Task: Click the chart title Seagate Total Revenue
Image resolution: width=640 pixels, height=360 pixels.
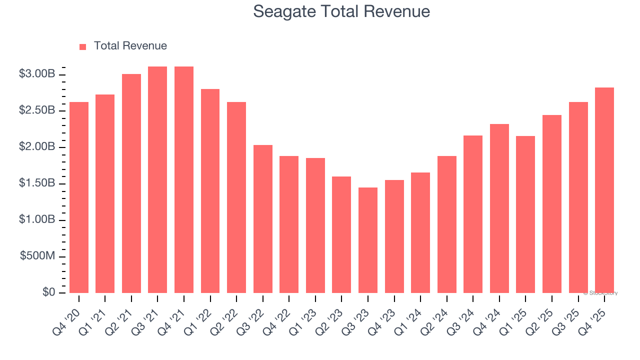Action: click(x=341, y=11)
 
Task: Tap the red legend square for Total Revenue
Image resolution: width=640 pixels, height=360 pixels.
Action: click(x=83, y=46)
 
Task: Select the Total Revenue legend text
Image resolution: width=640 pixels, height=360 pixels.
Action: click(x=130, y=46)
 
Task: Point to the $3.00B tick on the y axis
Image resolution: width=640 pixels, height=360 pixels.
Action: click(x=37, y=74)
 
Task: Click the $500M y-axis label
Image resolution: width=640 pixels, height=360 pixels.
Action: click(x=37, y=256)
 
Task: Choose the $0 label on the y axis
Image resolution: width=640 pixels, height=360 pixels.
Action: click(x=48, y=292)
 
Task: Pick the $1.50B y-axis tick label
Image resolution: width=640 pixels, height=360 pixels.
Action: click(x=37, y=183)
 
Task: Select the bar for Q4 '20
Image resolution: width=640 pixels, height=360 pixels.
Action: click(x=79, y=197)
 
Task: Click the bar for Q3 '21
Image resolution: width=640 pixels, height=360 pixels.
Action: click(x=157, y=180)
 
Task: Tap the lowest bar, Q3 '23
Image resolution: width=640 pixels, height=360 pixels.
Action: click(x=368, y=240)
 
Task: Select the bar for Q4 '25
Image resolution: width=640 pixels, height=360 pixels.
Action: click(x=604, y=190)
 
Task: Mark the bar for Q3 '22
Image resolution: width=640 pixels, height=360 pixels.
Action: click(x=263, y=219)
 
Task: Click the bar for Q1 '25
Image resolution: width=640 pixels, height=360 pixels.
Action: click(x=525, y=214)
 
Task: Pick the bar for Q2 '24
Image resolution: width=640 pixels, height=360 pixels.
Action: click(x=446, y=224)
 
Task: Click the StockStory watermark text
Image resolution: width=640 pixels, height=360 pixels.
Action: click(x=600, y=293)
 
